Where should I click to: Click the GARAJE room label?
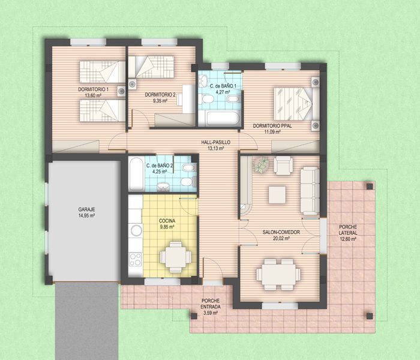click(86, 209)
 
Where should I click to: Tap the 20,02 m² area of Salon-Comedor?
click(281, 238)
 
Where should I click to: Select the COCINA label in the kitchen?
click(167, 221)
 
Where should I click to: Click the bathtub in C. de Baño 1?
click(220, 118)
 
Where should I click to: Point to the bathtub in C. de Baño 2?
click(136, 174)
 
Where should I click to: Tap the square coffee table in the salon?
click(277, 195)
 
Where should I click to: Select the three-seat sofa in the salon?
click(310, 190)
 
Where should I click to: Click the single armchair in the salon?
click(283, 166)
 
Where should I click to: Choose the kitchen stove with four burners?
click(135, 259)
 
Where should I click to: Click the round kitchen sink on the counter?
click(136, 230)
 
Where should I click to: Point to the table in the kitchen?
click(175, 257)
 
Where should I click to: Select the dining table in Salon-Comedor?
click(278, 275)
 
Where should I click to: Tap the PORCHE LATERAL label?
click(348, 230)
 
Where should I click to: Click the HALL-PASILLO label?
click(215, 143)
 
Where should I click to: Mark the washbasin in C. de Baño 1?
click(203, 80)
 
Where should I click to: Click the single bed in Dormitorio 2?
click(151, 67)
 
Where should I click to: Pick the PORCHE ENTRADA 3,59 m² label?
click(211, 307)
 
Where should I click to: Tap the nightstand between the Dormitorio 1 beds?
click(121, 91)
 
